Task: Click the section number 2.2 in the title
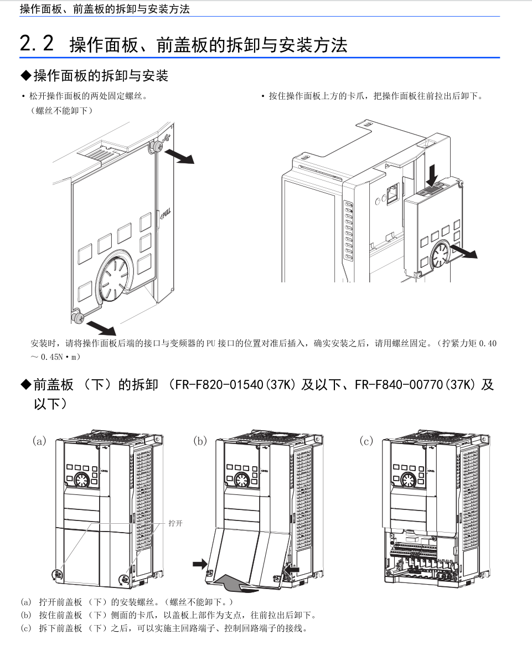point(37,43)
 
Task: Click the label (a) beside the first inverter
point(39,441)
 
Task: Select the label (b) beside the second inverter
point(199,441)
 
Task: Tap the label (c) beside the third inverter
point(366,441)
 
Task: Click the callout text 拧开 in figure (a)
point(175,523)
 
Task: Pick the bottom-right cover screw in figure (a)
point(123,579)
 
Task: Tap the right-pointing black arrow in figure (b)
point(198,564)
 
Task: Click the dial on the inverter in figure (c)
point(409,479)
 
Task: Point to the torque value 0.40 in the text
point(488,343)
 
